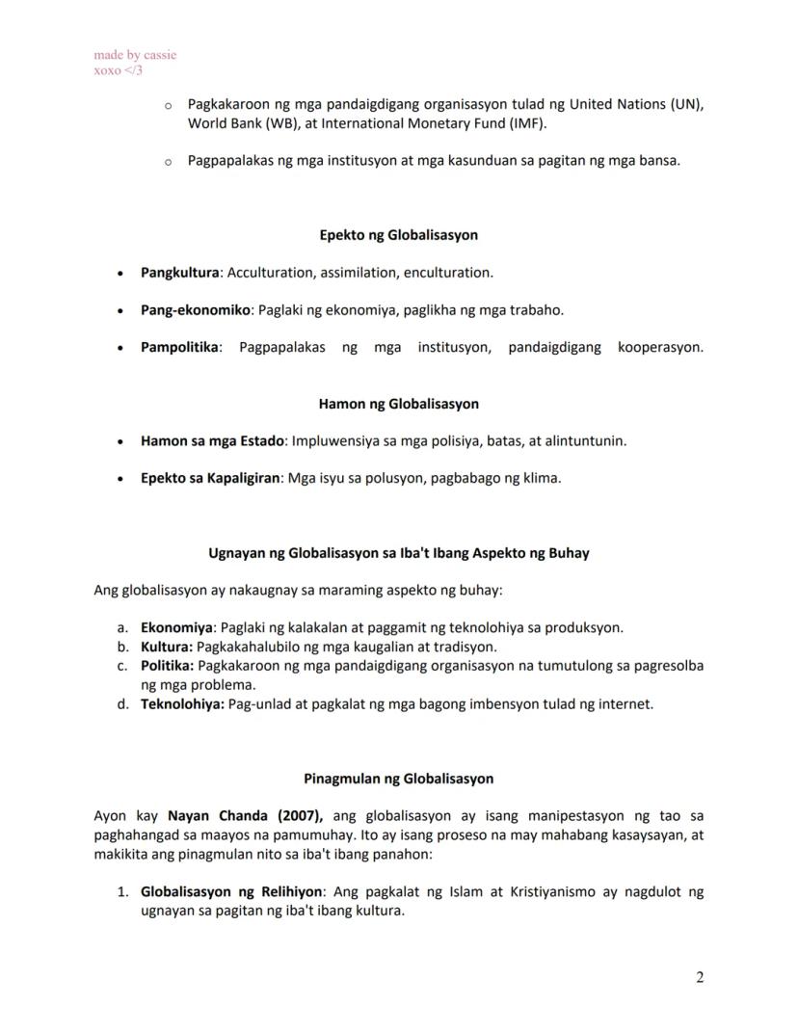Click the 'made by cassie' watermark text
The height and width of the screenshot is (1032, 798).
(x=135, y=55)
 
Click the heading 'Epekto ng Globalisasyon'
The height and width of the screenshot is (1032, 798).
(x=398, y=235)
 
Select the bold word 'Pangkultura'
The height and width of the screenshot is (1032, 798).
(x=180, y=273)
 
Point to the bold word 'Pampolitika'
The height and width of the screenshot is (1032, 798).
(x=180, y=347)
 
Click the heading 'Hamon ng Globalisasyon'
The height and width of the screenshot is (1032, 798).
(x=398, y=404)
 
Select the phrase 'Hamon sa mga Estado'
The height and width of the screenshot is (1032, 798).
(x=212, y=441)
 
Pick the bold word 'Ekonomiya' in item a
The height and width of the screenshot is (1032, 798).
(x=176, y=627)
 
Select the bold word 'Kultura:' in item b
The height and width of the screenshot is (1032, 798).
(x=167, y=647)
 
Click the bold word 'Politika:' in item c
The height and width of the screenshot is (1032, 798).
(x=168, y=666)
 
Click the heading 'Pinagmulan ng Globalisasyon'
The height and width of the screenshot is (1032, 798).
(x=398, y=779)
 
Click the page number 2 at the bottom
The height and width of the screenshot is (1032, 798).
(x=700, y=978)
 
